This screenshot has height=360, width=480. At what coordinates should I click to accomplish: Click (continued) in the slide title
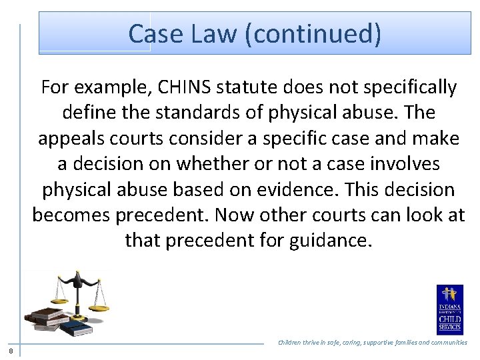[313, 33]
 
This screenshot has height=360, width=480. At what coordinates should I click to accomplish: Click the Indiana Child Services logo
[449, 309]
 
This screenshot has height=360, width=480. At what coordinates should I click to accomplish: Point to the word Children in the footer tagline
[293, 343]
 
